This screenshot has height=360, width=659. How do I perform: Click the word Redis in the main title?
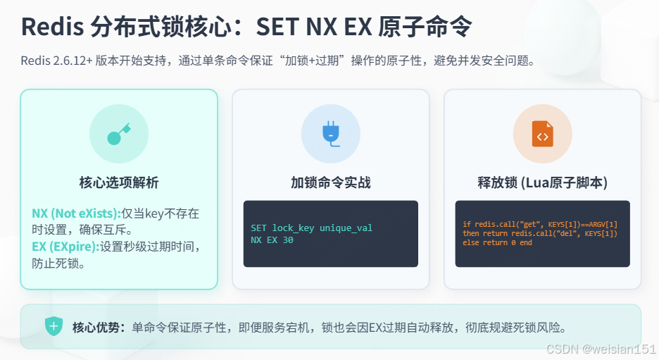pos(51,27)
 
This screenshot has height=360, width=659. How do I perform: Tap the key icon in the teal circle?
pos(118,135)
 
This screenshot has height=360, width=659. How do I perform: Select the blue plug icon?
pos(330,134)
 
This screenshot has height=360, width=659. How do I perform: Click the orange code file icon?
pos(542,135)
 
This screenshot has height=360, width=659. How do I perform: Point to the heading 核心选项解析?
pos(118,183)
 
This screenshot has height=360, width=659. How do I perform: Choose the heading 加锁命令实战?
pos(330,183)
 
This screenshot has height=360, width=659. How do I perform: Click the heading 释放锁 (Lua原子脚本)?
pos(542,183)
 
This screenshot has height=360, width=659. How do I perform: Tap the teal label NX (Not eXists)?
pos(76,213)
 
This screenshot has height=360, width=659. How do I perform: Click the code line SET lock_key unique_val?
pos(311,228)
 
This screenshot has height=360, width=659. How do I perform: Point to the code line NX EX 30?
pos(272,240)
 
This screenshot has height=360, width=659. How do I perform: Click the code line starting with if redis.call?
pos(539,225)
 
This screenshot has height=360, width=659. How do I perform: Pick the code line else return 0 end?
pos(497,243)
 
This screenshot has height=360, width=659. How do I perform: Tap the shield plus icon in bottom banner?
pos(54,327)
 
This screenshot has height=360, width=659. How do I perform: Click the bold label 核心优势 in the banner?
pos(98,328)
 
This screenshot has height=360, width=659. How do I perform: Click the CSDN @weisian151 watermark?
pos(600,349)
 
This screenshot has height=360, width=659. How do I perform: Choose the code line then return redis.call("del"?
pos(539,234)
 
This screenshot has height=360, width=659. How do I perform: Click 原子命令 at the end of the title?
pos(425,27)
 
